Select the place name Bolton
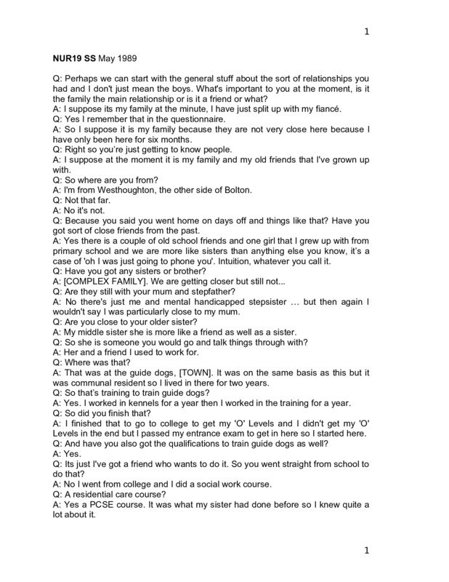tap(233, 190)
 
